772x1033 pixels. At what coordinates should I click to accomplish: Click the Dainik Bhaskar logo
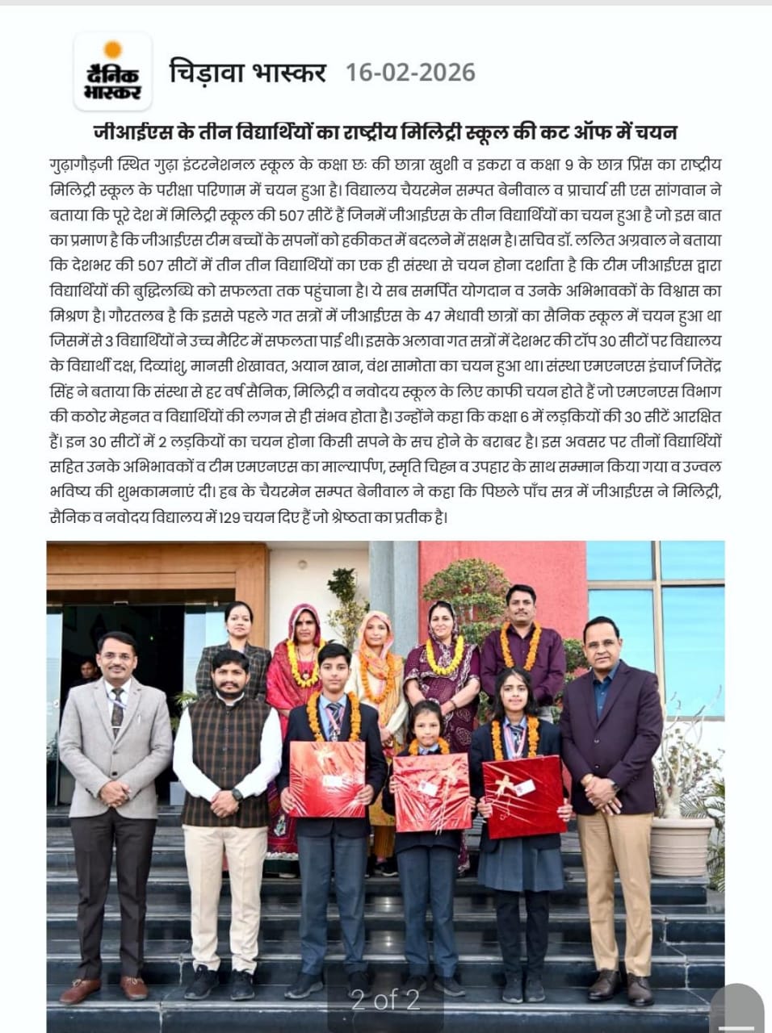click(113, 72)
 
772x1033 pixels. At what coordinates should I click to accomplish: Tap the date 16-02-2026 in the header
click(410, 73)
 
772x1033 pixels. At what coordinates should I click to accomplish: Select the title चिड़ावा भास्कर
click(247, 73)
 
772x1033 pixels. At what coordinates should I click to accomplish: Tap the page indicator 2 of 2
click(385, 1000)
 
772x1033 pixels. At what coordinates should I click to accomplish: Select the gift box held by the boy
click(327, 777)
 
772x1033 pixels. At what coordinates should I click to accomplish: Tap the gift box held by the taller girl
click(524, 795)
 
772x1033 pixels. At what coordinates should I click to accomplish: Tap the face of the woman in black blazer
click(239, 624)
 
